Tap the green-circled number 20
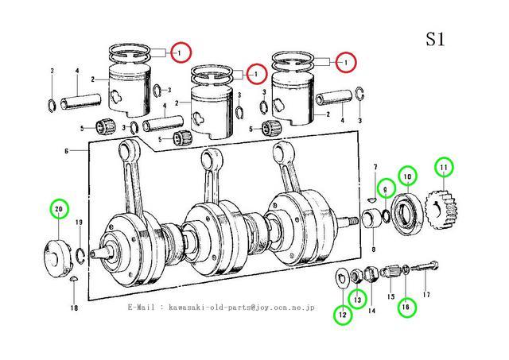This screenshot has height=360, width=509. (x=58, y=209)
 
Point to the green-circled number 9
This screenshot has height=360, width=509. (x=386, y=188)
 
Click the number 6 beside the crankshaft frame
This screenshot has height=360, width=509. (x=68, y=151)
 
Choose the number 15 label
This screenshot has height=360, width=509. (x=390, y=296)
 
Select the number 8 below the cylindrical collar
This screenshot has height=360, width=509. (x=372, y=249)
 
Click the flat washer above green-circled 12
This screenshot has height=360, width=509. (x=340, y=276)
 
